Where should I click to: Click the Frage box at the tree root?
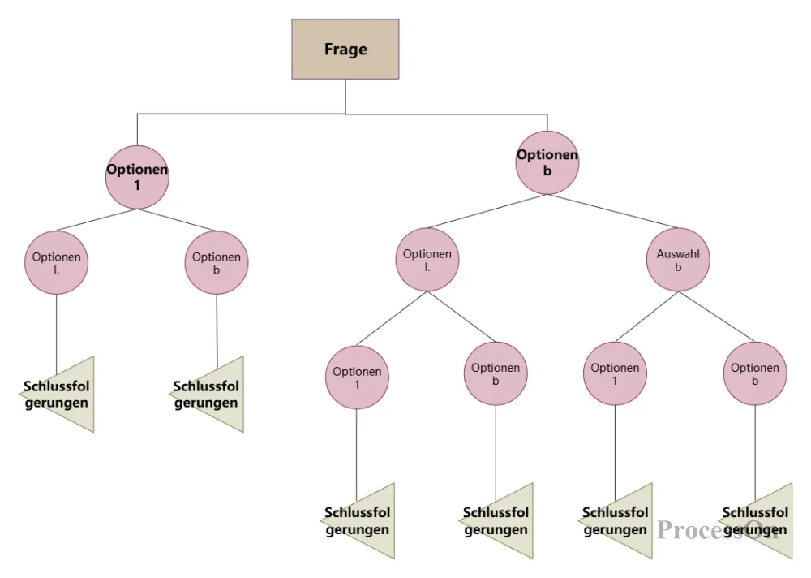point(345,50)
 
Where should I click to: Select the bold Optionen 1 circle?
point(137,177)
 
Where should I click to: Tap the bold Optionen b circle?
point(547,162)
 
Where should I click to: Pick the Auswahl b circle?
point(678,260)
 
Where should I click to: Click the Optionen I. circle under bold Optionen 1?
point(56,262)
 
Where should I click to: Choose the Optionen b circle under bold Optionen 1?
point(217,263)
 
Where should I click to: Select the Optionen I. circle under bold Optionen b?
point(427,260)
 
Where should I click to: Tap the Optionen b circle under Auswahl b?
point(755,373)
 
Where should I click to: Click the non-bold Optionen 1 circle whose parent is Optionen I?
point(357,377)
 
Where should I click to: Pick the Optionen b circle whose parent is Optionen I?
point(496,373)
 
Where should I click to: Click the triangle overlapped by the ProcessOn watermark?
point(762,521)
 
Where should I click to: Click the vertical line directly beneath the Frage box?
point(345,96)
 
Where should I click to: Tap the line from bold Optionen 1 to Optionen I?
point(96,220)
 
